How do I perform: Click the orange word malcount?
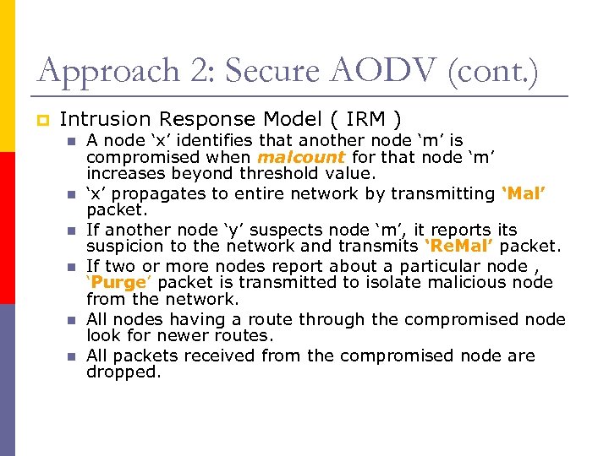(x=301, y=157)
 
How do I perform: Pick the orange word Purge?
(x=123, y=282)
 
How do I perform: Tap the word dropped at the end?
(x=123, y=372)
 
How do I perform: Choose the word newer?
(x=195, y=335)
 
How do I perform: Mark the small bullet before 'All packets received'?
(x=73, y=356)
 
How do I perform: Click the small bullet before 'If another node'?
(x=73, y=231)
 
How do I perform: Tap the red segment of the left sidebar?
(x=8, y=228)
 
